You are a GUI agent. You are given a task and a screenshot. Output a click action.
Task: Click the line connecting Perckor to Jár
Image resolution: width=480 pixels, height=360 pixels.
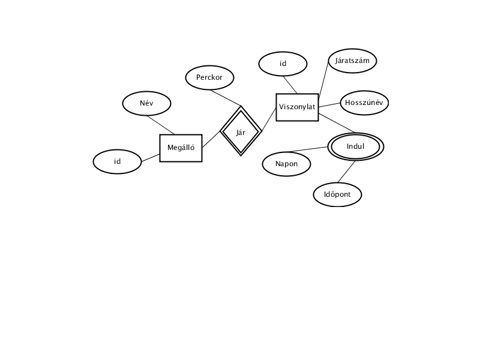click(x=226, y=98)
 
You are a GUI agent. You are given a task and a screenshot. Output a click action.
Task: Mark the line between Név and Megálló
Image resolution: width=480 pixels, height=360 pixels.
click(x=160, y=125)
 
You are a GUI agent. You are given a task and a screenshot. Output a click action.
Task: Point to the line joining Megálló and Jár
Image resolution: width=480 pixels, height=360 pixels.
click(x=211, y=140)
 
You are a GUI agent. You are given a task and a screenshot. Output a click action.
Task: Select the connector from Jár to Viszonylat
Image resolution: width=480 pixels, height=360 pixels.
click(x=269, y=119)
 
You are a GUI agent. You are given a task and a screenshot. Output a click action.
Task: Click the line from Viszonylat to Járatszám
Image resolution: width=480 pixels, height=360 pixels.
click(x=323, y=80)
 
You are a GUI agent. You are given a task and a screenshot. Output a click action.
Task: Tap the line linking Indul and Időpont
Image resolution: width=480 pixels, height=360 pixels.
click(x=347, y=172)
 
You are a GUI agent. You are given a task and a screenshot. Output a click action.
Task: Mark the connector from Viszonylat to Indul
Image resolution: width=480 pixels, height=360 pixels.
click(x=337, y=123)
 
